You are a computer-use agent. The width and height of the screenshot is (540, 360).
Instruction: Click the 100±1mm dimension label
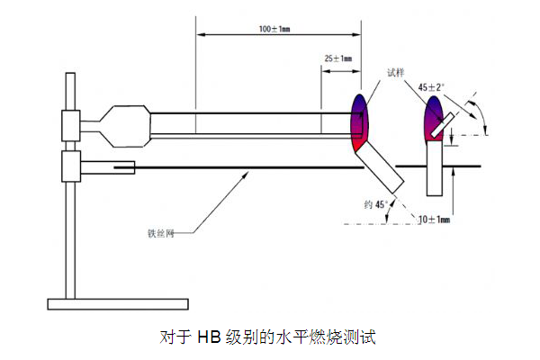(274, 30)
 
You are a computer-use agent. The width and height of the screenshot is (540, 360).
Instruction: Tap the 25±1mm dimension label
(337, 58)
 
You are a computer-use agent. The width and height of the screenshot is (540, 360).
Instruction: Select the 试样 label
(396, 72)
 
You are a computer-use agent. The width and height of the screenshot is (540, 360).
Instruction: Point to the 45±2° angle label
(432, 87)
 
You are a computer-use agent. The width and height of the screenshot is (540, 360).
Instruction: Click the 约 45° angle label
(373, 205)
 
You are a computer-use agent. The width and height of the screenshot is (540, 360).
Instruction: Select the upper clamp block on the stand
(69, 125)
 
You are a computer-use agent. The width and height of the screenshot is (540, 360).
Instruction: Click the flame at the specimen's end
(357, 121)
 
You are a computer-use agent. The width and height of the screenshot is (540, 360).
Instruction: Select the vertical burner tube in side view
(436, 171)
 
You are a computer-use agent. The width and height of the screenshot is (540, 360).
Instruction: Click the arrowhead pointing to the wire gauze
(246, 175)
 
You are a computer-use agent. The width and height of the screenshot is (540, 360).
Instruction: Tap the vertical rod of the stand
(69, 225)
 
